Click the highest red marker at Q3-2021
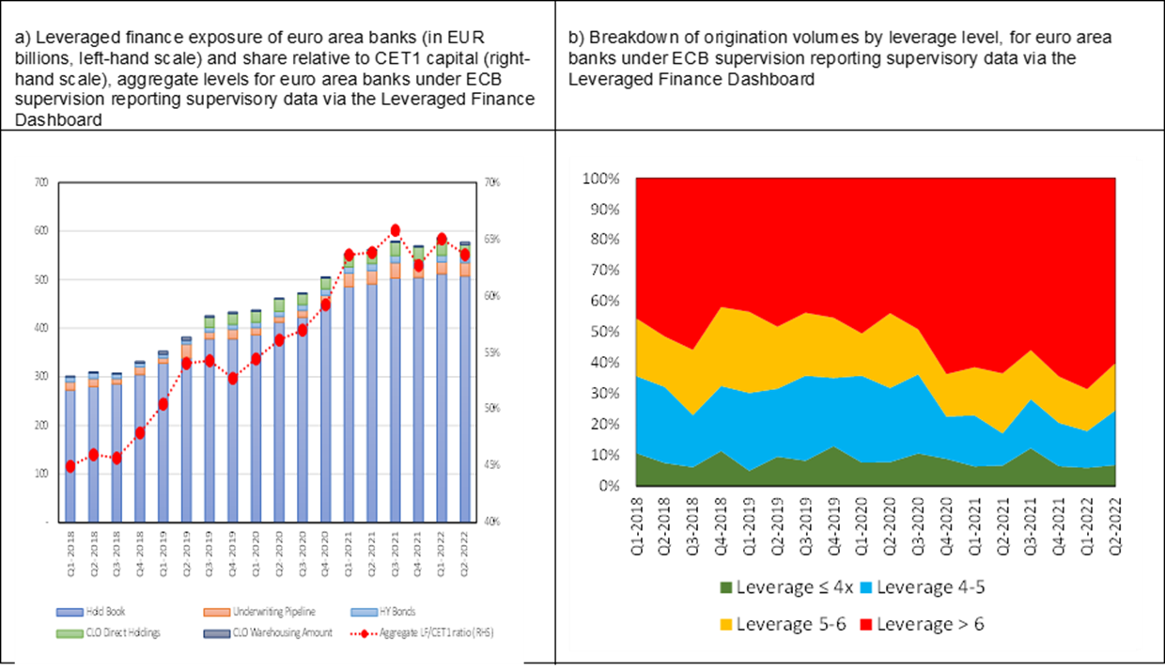tap(395, 230)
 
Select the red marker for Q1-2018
tap(70, 466)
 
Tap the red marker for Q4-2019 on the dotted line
tap(232, 378)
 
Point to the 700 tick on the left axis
tap(40, 182)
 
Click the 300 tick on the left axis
tap(40, 376)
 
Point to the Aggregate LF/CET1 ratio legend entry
tap(427, 632)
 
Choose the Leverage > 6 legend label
tap(930, 624)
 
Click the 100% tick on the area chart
tap(601, 179)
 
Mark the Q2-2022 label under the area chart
tap(1115, 523)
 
